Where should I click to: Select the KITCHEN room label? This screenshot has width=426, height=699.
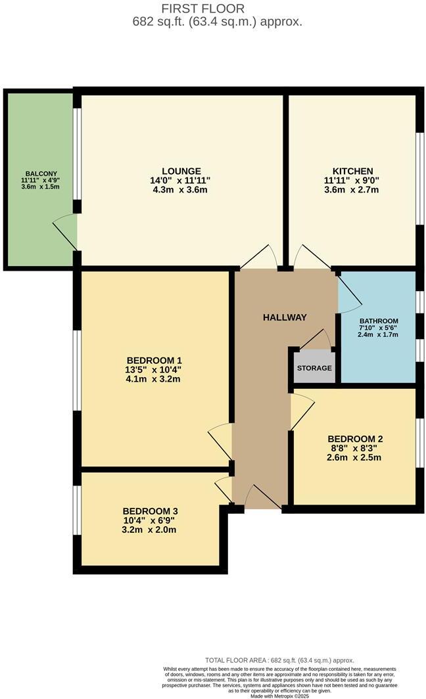pyautogui.click(x=352, y=171)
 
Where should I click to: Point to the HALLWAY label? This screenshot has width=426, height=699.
pyautogui.click(x=285, y=317)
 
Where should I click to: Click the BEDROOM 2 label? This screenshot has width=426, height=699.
pyautogui.click(x=355, y=439)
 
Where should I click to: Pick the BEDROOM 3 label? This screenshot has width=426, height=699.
pyautogui.click(x=150, y=510)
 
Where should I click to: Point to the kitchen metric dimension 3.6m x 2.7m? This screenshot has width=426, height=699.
pyautogui.click(x=352, y=191)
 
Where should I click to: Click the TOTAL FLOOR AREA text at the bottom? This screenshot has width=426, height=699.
pyautogui.click(x=279, y=660)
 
